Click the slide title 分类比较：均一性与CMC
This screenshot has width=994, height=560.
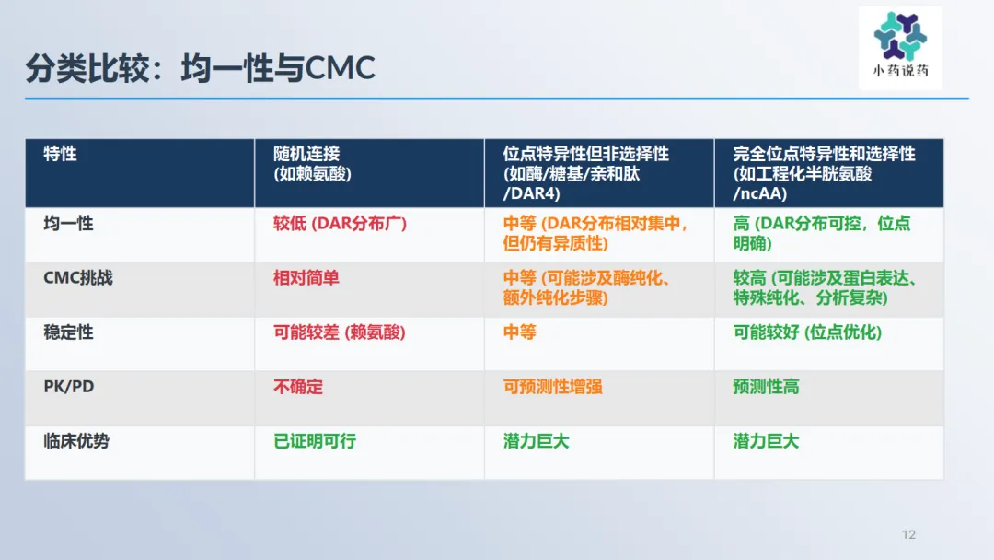click(201, 68)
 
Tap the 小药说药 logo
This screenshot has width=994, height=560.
click(900, 47)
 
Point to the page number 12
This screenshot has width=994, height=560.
click(908, 534)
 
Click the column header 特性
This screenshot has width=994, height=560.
click(60, 154)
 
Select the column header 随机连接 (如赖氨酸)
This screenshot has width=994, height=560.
click(313, 164)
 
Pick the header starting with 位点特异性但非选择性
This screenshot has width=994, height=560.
click(585, 173)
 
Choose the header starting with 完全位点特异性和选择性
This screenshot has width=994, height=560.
click(824, 173)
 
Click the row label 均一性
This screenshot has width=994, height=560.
click(68, 223)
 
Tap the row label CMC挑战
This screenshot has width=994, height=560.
click(78, 278)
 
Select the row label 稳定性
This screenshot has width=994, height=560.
click(68, 332)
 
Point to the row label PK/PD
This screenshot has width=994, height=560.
click(68, 387)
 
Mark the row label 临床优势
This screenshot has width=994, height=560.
click(76, 441)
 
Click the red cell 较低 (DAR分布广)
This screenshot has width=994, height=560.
click(340, 223)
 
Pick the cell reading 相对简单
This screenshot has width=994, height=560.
click(306, 278)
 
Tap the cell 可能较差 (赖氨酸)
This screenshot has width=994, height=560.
click(339, 332)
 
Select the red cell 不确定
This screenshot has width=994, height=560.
click(298, 387)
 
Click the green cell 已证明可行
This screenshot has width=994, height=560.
click(315, 441)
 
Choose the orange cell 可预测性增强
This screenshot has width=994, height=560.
click(553, 387)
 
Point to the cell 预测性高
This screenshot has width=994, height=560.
click(766, 387)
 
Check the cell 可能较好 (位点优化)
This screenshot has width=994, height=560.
click(808, 332)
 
